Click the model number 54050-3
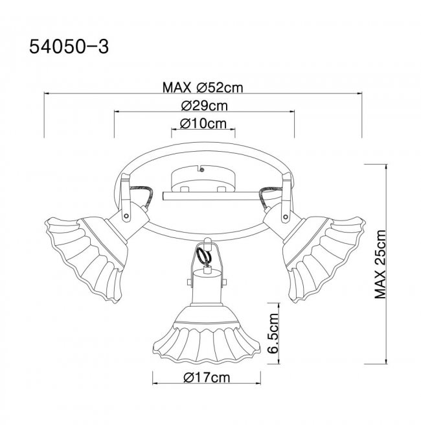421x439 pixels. click(x=69, y=46)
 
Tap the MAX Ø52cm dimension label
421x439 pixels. click(x=203, y=88)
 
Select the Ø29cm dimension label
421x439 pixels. click(x=204, y=106)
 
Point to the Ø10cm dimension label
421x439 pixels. click(x=203, y=123)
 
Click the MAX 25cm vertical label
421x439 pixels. click(x=380, y=265)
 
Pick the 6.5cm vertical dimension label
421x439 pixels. click(x=273, y=333)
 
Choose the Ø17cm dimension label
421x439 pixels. click(x=207, y=377)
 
